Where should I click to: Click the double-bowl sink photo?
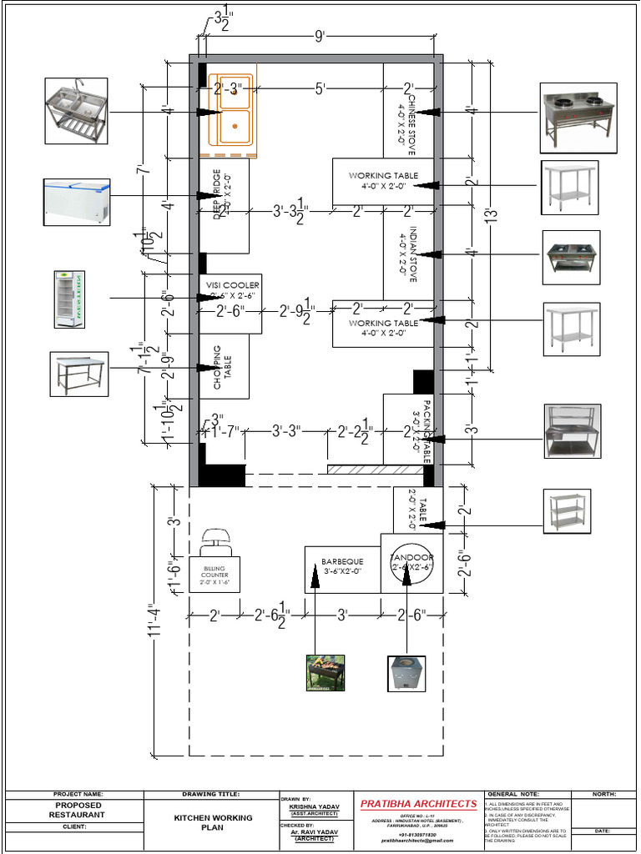coord(76,111)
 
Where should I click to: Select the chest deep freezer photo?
coord(77,201)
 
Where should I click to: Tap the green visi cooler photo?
coord(69,298)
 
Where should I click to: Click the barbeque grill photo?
coord(326,672)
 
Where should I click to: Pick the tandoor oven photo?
coord(406,673)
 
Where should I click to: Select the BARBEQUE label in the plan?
coord(342,562)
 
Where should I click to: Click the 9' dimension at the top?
coord(319,36)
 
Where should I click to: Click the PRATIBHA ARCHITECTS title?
coord(418,804)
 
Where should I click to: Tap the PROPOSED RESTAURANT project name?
coord(77,810)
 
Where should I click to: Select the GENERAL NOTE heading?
coord(512,794)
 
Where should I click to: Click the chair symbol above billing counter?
coord(216,540)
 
